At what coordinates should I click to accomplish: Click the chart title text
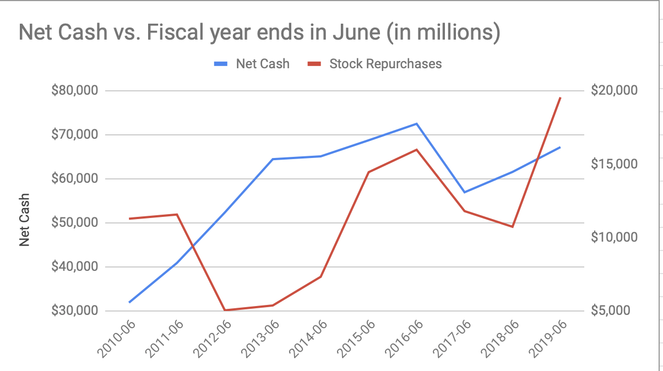[259, 32]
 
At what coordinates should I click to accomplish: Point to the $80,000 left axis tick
[74, 90]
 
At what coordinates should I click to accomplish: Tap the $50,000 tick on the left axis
[74, 223]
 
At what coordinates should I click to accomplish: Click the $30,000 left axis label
[74, 311]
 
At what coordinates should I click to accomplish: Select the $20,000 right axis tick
[613, 90]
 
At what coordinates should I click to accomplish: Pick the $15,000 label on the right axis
[613, 164]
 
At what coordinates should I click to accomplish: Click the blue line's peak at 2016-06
[417, 124]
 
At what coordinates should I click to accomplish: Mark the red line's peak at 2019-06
[560, 98]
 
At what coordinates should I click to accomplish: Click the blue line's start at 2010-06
[129, 302]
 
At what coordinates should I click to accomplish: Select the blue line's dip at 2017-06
[465, 192]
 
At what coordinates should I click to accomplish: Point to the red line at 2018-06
[513, 227]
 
